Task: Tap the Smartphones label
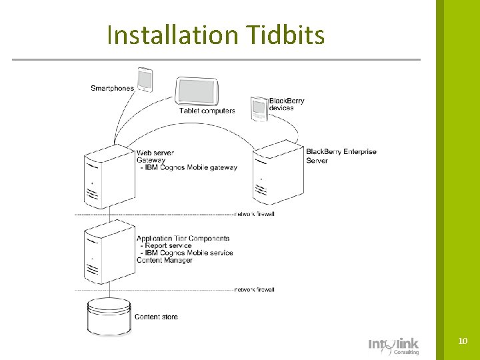[x=111, y=88]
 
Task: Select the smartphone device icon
[x=145, y=79]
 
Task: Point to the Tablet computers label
[x=207, y=111]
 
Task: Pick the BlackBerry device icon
[x=258, y=109]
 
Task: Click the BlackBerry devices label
[x=287, y=104]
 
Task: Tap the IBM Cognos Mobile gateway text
[x=189, y=167]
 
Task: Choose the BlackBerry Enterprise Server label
[x=341, y=155]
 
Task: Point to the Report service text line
[x=167, y=245]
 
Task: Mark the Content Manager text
[x=164, y=260]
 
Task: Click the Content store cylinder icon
[x=107, y=317]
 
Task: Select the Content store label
[x=156, y=317]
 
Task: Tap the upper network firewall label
[x=254, y=214]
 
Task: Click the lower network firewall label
[x=254, y=289]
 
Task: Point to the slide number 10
[x=463, y=341]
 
